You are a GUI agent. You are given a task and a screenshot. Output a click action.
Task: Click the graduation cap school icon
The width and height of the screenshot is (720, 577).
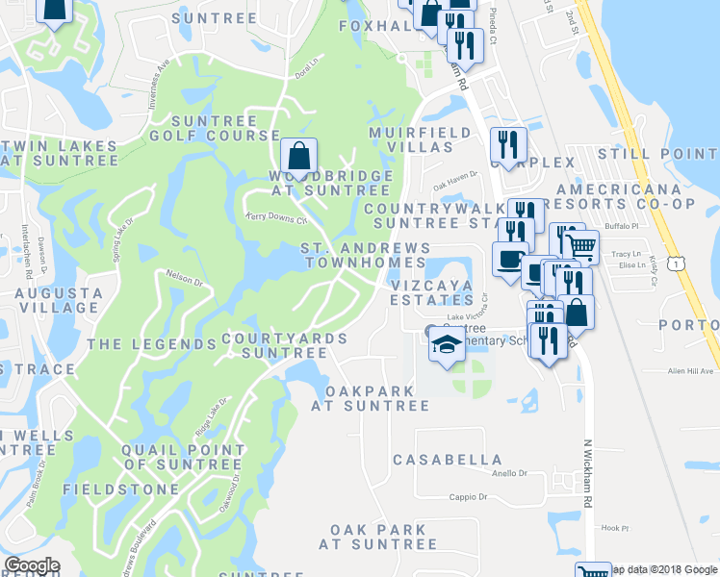(x=447, y=343)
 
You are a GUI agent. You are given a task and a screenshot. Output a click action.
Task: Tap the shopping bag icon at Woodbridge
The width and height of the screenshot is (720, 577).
(x=299, y=155)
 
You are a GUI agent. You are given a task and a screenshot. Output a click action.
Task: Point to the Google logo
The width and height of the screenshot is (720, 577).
(x=32, y=565)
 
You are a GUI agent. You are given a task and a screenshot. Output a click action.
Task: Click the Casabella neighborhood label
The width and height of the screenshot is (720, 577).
(x=447, y=460)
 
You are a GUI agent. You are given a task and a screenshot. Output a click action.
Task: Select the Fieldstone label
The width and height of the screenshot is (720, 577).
(x=120, y=489)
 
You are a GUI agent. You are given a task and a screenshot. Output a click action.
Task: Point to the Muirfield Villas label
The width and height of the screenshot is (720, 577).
(x=411, y=139)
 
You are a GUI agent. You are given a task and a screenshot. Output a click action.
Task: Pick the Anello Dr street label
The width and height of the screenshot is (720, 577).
(x=510, y=473)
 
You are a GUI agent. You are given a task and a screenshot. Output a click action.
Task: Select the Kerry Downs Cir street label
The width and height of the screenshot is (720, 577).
(x=275, y=218)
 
